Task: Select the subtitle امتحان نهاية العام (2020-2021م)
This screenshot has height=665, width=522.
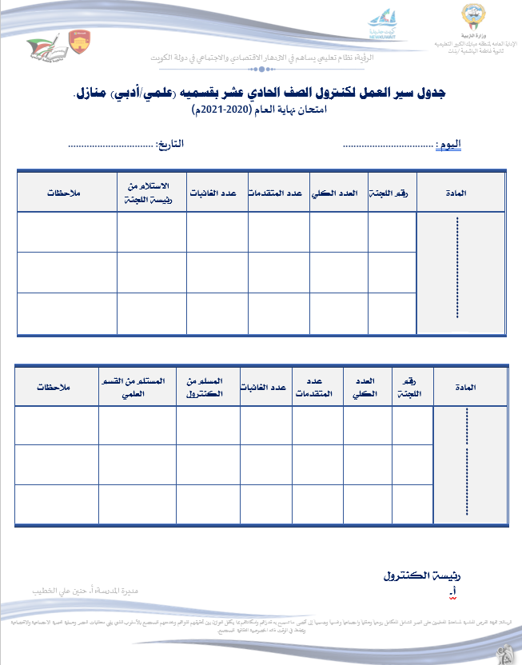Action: (x=261, y=111)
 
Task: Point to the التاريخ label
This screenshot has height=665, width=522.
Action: (x=169, y=145)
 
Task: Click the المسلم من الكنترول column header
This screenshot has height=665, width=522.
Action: (x=208, y=387)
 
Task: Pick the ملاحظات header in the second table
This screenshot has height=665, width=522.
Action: (x=56, y=388)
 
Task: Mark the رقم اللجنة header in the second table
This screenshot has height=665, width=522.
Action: (x=409, y=387)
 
